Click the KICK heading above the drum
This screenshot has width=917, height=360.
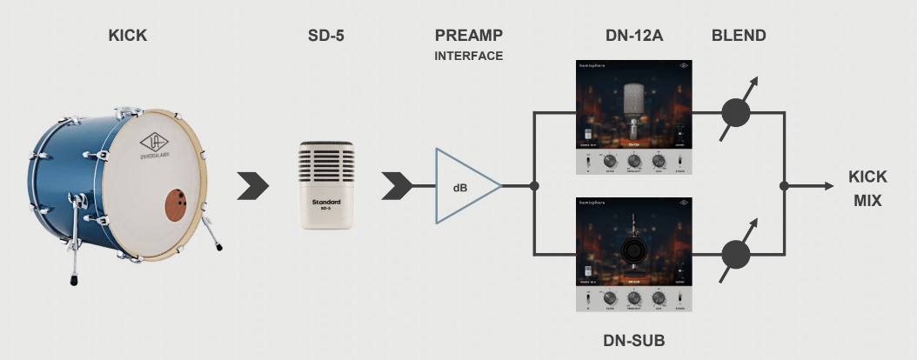(127, 37)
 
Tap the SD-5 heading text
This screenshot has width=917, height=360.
(324, 37)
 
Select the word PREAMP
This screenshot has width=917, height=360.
(469, 37)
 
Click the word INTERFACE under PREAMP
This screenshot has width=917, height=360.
(469, 56)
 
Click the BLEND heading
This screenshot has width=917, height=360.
(739, 37)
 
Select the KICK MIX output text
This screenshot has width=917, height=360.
(867, 188)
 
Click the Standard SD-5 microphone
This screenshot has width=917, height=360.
(326, 185)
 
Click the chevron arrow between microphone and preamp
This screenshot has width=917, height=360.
(396, 185)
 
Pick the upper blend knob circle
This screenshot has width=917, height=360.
(737, 113)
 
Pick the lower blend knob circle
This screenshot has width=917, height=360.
(737, 255)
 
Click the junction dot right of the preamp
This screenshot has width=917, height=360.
(533, 185)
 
